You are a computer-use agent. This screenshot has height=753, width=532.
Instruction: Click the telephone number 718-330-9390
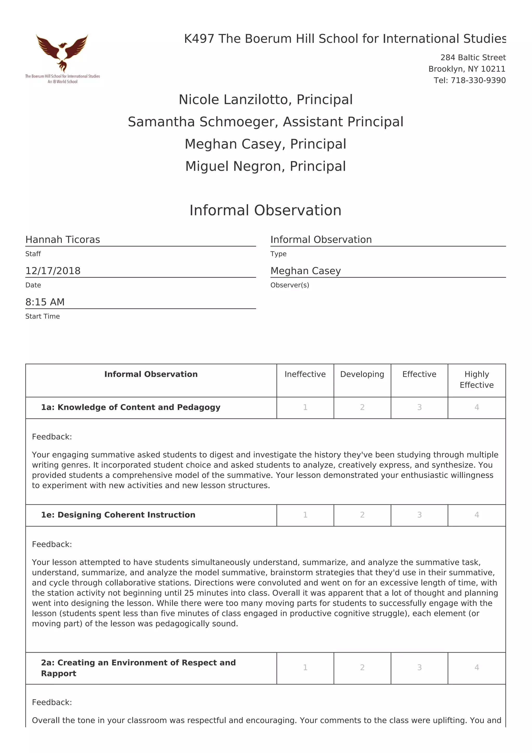click(478, 80)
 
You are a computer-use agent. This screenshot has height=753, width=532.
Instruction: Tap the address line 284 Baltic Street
click(473, 57)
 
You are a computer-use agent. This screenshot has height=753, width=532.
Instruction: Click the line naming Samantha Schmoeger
click(265, 122)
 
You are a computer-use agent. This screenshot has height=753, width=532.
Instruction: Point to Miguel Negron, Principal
click(265, 166)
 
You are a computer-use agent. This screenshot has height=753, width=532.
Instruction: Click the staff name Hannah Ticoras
click(63, 240)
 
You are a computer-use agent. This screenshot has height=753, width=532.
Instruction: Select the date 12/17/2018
click(53, 271)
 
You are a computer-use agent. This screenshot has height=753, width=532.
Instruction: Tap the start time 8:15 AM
click(45, 302)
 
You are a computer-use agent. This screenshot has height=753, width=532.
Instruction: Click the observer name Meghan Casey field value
click(305, 271)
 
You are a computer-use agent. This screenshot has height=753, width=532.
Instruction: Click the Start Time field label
click(43, 316)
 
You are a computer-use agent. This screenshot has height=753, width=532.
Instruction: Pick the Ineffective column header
click(305, 374)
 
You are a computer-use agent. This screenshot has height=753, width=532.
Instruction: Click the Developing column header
click(362, 374)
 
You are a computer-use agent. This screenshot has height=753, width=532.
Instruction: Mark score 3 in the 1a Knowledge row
click(419, 407)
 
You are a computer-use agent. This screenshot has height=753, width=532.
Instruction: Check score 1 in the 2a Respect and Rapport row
click(305, 668)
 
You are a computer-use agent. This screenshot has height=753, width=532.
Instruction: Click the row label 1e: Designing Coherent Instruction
click(118, 515)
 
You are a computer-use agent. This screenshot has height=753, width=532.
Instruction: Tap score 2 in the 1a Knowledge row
click(362, 407)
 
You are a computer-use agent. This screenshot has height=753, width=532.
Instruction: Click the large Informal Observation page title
click(265, 210)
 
